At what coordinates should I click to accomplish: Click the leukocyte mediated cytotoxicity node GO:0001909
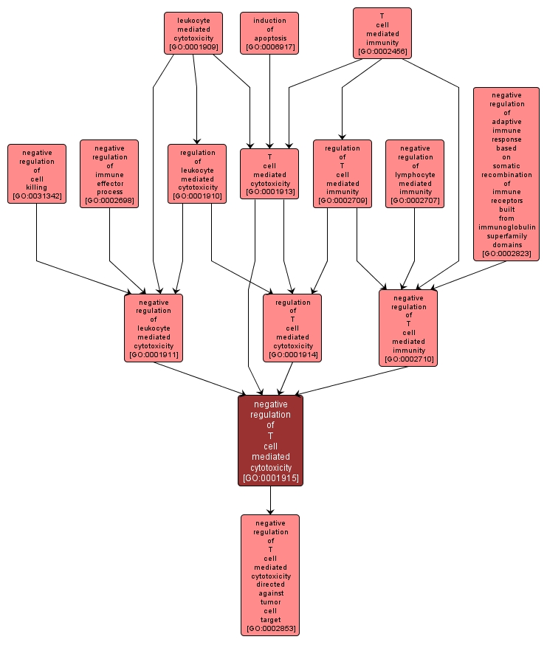pos(193,33)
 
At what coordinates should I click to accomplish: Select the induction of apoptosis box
pos(269,33)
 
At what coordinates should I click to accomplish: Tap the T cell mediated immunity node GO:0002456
pos(382,33)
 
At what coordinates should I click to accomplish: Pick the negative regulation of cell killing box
pos(36,173)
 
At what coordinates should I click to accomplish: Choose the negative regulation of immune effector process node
pos(109,173)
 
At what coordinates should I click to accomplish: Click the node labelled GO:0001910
pos(196,173)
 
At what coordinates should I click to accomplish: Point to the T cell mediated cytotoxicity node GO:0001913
pos(269,173)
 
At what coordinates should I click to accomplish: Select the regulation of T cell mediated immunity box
pos(342,173)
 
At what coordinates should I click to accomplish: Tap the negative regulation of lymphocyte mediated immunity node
pos(415,173)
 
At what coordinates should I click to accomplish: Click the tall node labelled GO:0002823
pos(506,173)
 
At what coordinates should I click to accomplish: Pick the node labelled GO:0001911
pos(154,328)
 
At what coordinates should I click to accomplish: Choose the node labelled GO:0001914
pos(292,328)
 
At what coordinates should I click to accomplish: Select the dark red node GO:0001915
pos(270,440)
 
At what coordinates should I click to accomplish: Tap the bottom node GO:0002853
pos(270,575)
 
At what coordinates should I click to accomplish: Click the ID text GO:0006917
pos(269,47)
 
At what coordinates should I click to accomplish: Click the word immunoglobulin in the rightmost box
pos(506,227)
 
